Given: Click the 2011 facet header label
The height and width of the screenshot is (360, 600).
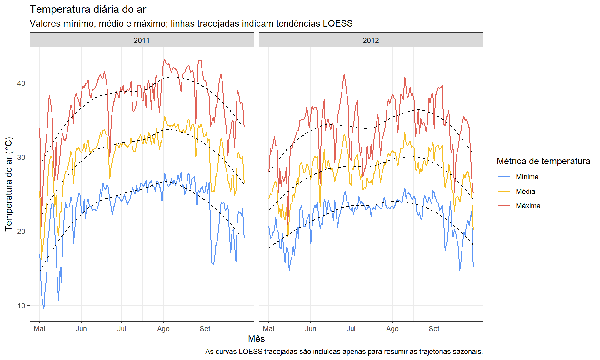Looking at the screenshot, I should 142,41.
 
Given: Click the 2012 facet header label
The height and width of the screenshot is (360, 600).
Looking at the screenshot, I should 371,41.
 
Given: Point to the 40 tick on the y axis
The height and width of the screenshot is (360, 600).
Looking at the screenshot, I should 21,83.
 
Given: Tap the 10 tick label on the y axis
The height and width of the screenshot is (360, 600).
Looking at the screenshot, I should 21,306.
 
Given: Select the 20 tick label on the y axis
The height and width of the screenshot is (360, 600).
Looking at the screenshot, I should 21,232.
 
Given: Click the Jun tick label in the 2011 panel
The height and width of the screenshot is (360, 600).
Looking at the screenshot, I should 81,329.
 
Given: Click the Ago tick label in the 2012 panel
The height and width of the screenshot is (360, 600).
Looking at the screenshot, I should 392,329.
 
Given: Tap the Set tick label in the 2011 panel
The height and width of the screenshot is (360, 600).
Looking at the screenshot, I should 205,329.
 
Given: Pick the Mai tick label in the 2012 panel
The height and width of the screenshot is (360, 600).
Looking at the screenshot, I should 269,329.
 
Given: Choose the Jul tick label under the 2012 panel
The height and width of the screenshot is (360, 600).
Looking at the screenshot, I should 351,329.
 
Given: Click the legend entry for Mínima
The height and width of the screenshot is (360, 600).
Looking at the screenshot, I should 527,177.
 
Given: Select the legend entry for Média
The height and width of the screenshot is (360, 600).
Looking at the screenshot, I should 525,192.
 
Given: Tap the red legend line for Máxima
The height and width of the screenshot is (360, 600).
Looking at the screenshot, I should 504,206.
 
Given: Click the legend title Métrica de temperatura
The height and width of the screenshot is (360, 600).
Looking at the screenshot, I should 543,161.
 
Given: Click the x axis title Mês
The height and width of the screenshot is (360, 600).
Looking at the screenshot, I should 256,339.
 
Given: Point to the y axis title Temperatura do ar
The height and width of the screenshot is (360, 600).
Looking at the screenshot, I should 9,184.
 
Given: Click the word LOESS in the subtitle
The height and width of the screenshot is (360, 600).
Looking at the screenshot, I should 337,24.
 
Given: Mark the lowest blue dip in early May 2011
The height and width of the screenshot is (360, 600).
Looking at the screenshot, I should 44,309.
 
